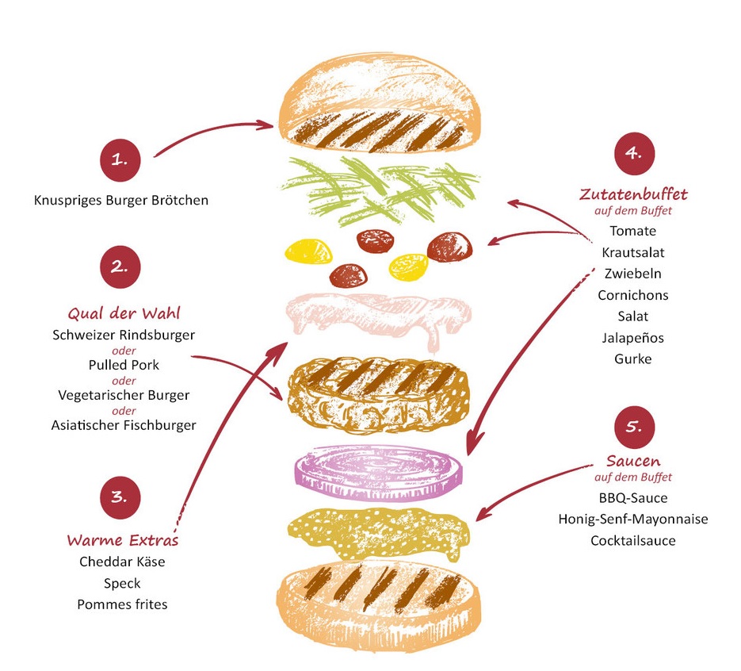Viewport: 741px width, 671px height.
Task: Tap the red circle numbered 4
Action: point(634,153)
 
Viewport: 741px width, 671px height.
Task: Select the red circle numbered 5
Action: point(635,427)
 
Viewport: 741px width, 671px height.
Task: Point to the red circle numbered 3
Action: point(120,498)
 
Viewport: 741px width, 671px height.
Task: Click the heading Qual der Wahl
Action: point(124,312)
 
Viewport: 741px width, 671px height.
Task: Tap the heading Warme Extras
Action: point(123,541)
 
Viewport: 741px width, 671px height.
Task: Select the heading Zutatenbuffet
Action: point(633,194)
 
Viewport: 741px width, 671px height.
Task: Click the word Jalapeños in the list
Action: point(633,338)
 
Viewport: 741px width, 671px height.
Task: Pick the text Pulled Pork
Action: point(124,365)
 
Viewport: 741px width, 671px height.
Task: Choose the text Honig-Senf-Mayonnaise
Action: point(633,520)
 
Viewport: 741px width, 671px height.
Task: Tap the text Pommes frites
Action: point(123,604)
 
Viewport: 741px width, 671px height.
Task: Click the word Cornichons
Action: point(633,295)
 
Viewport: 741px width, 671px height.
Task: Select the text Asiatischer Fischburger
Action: point(124,425)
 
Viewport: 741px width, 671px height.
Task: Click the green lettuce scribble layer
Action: point(381,186)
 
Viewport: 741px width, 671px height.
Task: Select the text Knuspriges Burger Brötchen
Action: point(121,200)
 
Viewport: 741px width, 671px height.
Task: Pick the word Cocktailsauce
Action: point(633,541)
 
